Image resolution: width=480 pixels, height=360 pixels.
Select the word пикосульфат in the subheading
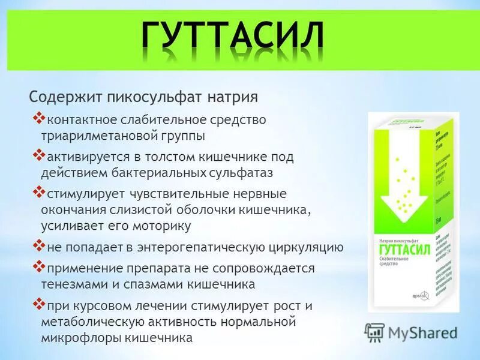tap(154, 97)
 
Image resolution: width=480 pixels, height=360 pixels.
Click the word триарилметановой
tap(99, 136)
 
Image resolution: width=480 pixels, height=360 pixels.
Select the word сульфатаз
tap(238, 173)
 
